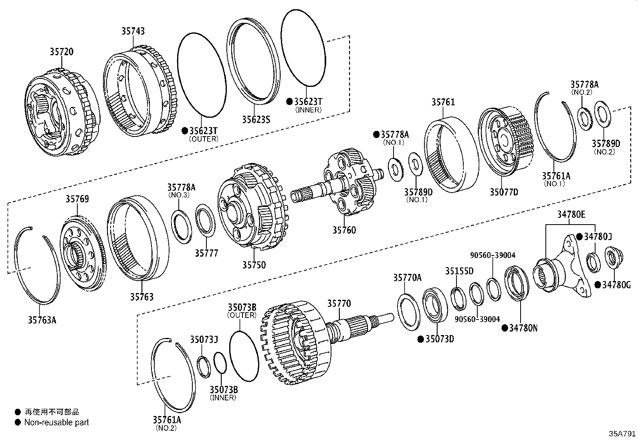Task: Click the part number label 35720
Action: tap(62, 52)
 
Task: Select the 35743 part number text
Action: tap(133, 31)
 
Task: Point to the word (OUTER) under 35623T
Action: tap(203, 139)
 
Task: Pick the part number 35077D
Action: tap(504, 192)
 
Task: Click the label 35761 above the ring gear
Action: tap(443, 102)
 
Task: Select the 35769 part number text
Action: tap(77, 199)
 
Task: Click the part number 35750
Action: tap(254, 265)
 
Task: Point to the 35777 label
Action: tap(207, 253)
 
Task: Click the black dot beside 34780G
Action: tap(597, 285)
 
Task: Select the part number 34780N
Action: tap(523, 328)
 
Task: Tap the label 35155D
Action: tap(459, 271)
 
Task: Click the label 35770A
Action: tap(407, 277)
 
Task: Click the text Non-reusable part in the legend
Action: tap(57, 422)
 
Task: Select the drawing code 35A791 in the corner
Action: tap(622, 434)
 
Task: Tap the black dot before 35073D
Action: tap(420, 339)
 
